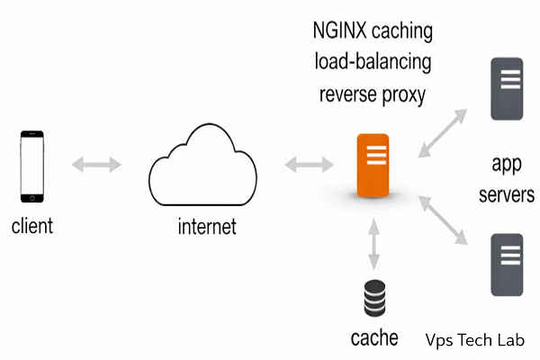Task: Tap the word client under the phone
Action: [32, 226]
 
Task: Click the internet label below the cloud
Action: [206, 226]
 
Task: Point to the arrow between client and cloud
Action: [96, 164]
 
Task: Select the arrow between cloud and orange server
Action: [308, 165]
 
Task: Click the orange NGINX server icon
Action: [373, 166]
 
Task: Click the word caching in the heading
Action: [401, 32]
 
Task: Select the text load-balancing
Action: [373, 63]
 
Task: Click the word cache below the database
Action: [373, 339]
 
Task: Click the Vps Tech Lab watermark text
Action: [474, 339]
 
